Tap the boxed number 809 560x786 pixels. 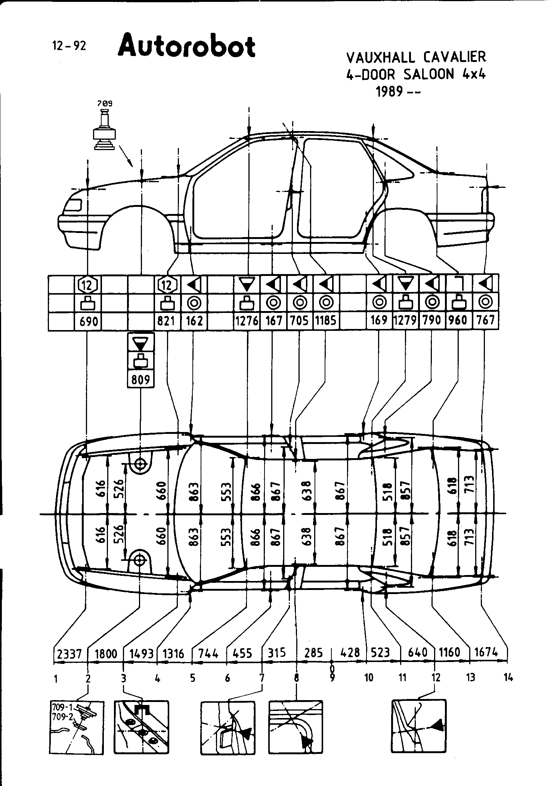click(140, 379)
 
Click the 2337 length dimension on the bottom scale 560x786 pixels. click(70, 653)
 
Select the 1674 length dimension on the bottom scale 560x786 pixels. click(486, 653)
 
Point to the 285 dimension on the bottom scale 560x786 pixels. click(313, 653)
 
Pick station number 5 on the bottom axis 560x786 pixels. click(192, 678)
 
